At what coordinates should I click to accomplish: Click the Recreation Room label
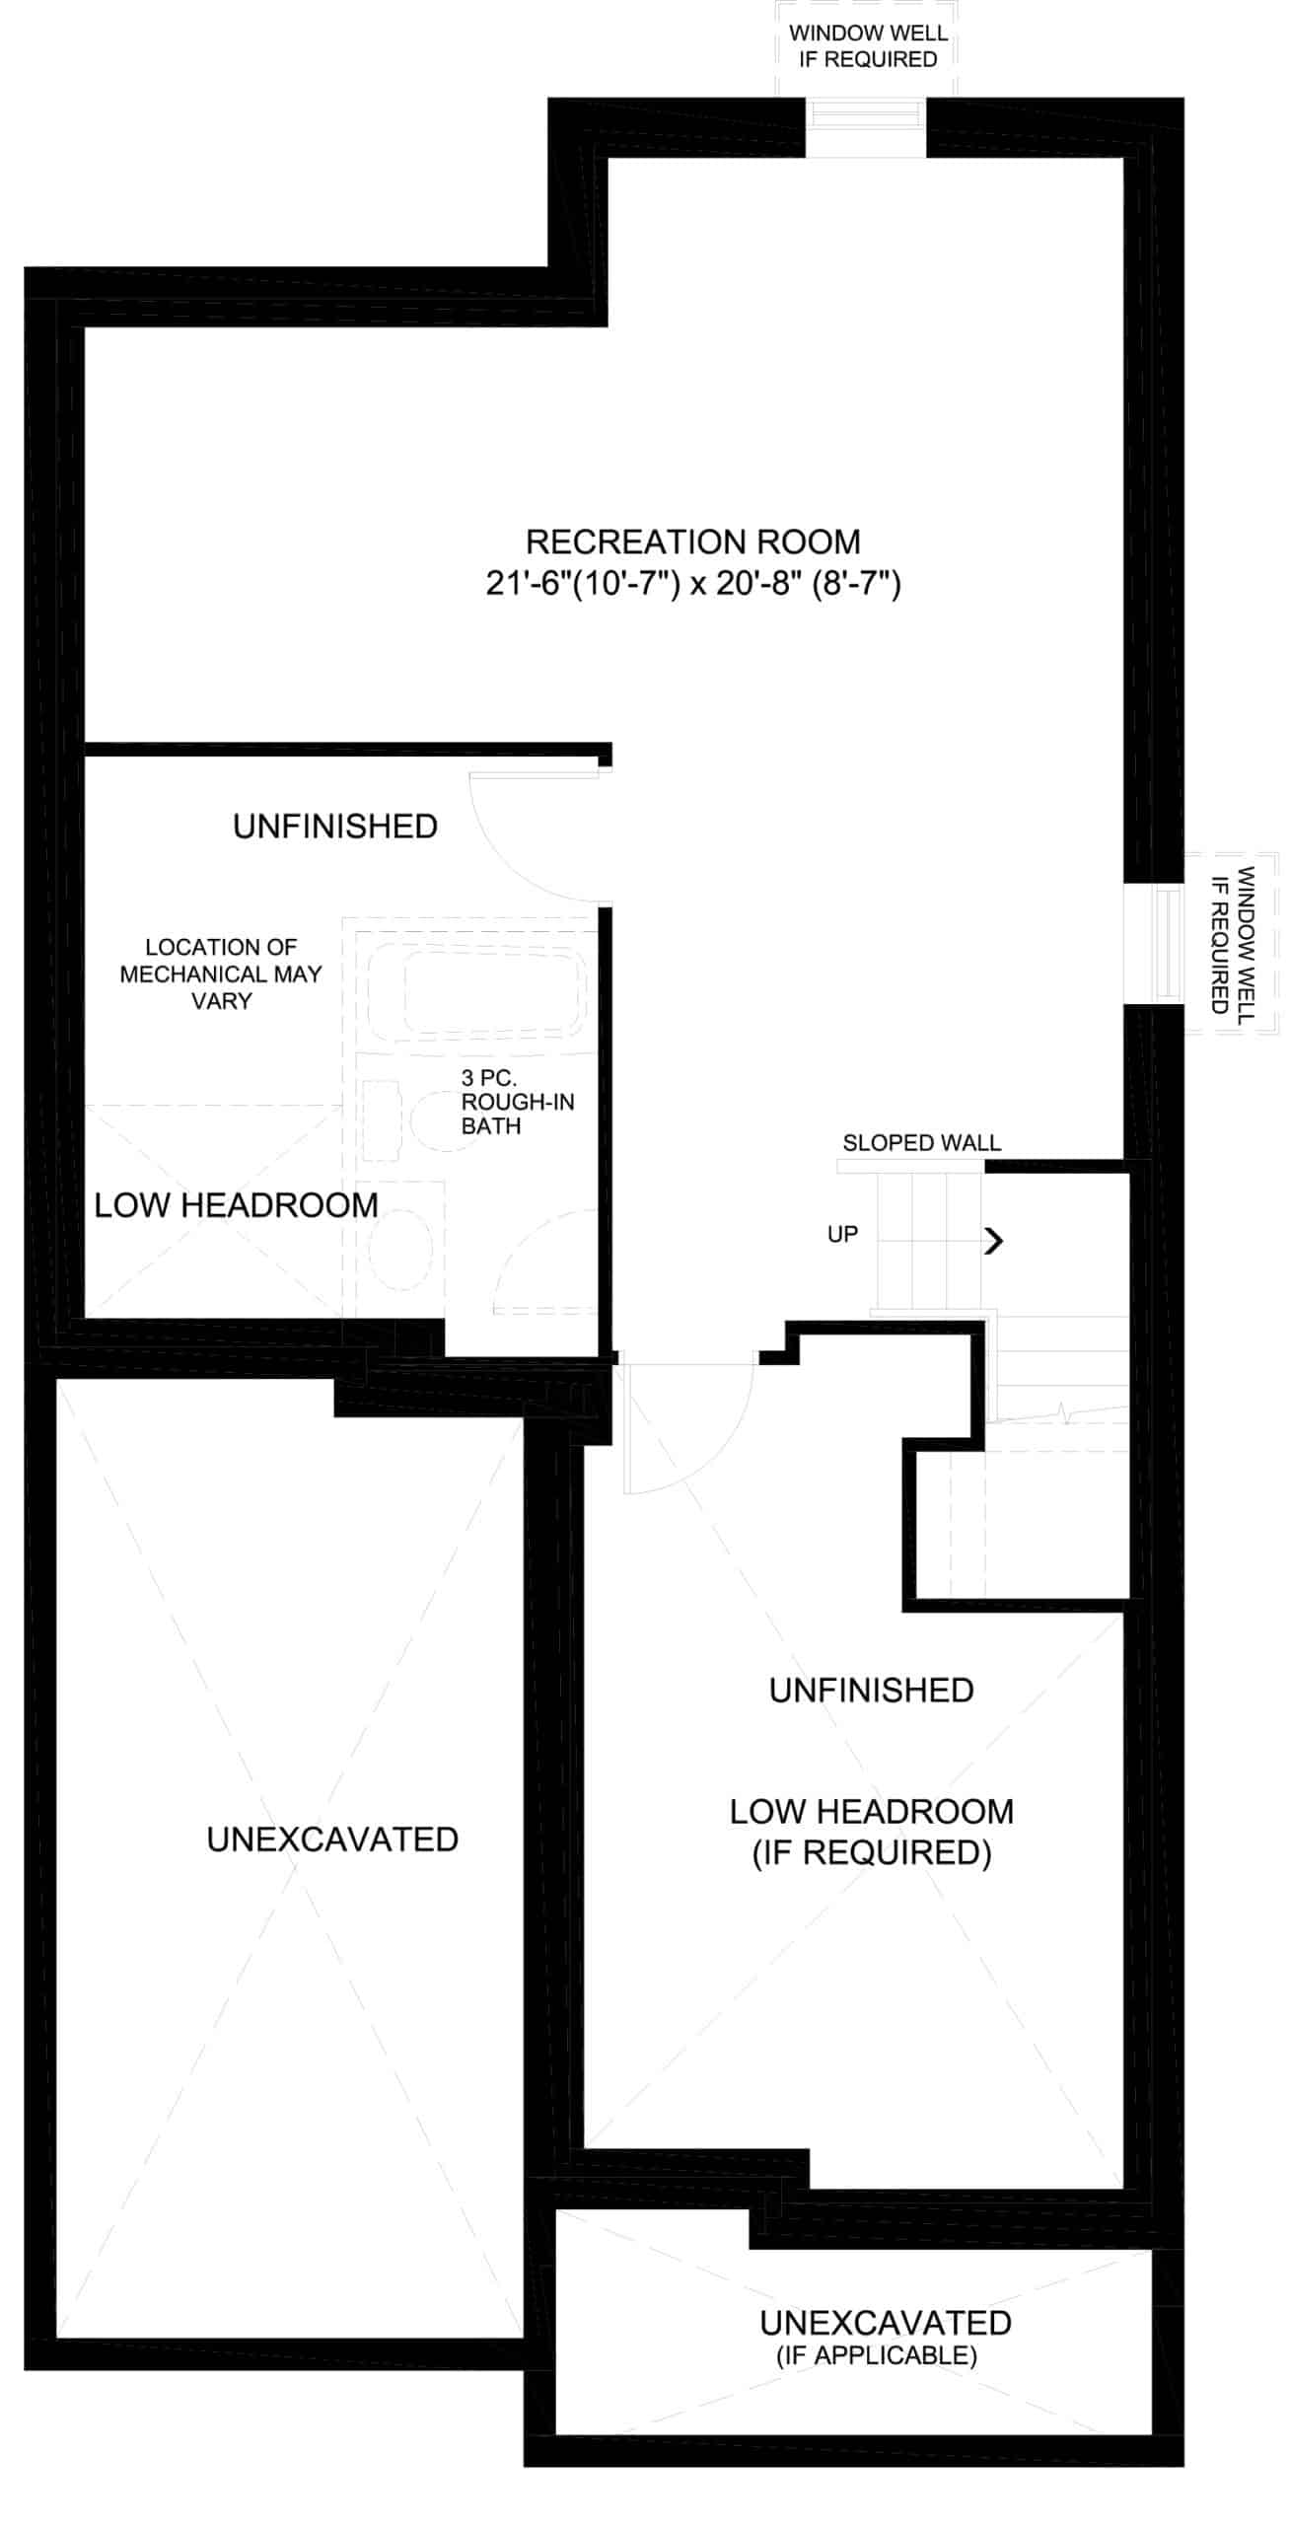[x=692, y=541]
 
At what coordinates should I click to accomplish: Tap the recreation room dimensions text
[x=692, y=584]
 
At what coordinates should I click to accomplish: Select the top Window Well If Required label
[x=868, y=45]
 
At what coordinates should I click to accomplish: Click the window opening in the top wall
[x=866, y=127]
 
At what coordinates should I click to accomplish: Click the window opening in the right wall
[x=1154, y=943]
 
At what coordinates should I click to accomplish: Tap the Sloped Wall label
[x=921, y=1142]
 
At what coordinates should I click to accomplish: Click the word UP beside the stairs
[x=842, y=1234]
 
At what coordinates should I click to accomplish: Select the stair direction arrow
[x=993, y=1241]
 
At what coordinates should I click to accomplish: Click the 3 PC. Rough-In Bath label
[x=517, y=1102]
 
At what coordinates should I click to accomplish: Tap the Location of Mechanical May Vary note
[x=221, y=974]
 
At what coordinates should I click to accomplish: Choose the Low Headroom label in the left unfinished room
[x=236, y=1204]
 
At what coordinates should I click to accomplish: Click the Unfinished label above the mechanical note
[x=335, y=826]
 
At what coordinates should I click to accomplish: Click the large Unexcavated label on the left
[x=332, y=1839]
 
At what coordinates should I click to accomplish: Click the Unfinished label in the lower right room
[x=871, y=1690]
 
